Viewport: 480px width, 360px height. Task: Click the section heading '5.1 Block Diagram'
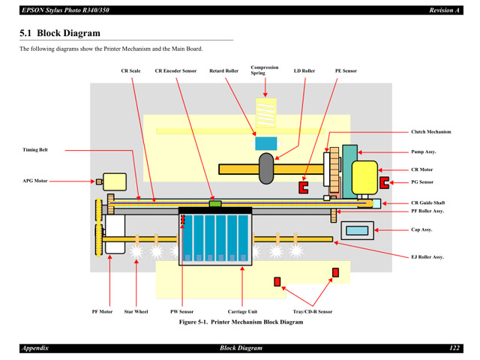click(x=59, y=34)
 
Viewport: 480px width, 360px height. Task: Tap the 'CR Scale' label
click(x=130, y=71)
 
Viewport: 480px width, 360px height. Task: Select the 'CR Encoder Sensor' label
click(x=176, y=71)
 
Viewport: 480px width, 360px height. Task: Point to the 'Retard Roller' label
click(x=223, y=71)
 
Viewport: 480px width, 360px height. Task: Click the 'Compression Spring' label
click(x=264, y=70)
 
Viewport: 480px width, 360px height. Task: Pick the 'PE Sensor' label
click(x=346, y=71)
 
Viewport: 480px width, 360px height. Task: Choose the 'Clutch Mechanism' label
click(x=431, y=132)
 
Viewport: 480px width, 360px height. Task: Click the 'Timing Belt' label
click(x=35, y=150)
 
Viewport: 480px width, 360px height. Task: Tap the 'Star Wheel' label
click(x=136, y=311)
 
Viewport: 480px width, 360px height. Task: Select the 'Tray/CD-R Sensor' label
click(x=312, y=311)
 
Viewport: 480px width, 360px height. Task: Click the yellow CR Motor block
click(x=364, y=177)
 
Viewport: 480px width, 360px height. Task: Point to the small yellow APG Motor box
click(x=115, y=181)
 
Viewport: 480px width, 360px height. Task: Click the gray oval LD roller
click(x=265, y=168)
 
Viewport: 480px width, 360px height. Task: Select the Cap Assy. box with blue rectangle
click(x=357, y=230)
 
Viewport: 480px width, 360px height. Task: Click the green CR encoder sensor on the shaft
click(x=215, y=202)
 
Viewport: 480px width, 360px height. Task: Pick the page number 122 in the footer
click(x=454, y=349)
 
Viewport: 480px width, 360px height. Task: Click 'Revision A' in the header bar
click(x=444, y=10)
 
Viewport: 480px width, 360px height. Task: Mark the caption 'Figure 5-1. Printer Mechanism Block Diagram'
click(x=240, y=322)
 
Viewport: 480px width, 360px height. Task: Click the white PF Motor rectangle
click(x=115, y=233)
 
